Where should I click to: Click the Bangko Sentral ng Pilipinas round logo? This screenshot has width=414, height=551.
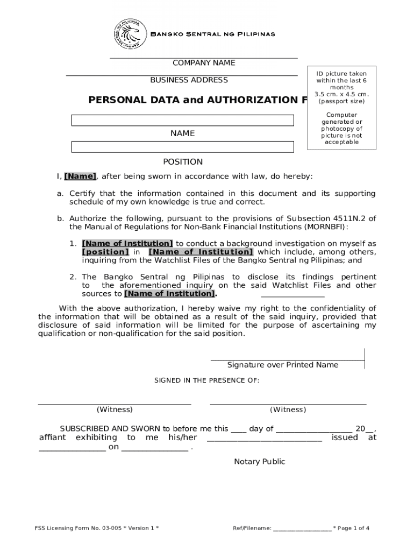(x=130, y=34)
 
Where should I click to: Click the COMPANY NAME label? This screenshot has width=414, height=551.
(x=204, y=63)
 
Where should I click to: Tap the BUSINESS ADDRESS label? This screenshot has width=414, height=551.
(x=189, y=80)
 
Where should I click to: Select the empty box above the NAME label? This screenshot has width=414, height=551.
(x=183, y=121)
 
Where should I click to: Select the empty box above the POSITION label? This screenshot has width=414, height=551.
(x=183, y=147)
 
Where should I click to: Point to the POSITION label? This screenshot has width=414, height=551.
(x=183, y=162)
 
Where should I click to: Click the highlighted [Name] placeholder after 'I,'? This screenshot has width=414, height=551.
(x=80, y=176)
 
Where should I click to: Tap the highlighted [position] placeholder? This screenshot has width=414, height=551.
(x=105, y=252)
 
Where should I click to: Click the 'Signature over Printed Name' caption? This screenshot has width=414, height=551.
(x=283, y=365)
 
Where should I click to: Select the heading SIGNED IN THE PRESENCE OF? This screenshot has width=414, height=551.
(x=207, y=380)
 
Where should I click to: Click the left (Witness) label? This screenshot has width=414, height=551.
(x=115, y=409)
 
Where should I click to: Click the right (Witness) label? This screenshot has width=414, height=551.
(x=288, y=409)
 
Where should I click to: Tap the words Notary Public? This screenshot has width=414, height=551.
(x=260, y=462)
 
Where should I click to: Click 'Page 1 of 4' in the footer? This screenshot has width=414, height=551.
(x=354, y=528)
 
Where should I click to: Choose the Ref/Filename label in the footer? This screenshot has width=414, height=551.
(x=252, y=528)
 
